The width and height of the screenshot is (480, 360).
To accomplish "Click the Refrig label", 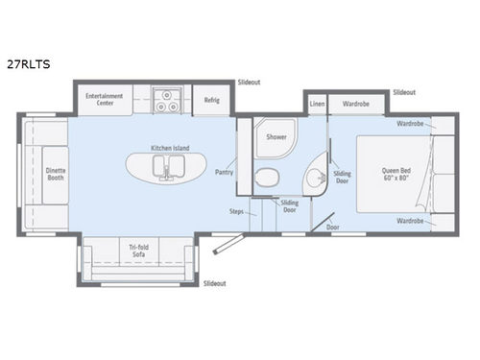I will [x=211, y=100].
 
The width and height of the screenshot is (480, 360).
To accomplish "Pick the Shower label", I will [x=276, y=136].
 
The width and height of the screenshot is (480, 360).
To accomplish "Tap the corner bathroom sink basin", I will [x=313, y=179].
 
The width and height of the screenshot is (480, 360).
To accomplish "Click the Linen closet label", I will [x=316, y=103].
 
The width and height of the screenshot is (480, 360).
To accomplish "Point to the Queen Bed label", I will [x=395, y=170].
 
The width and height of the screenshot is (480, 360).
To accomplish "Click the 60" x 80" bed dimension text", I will [x=395, y=179].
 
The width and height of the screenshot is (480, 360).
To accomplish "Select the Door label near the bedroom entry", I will [x=332, y=228].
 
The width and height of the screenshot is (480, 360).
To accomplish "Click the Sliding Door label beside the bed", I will [x=342, y=178].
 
